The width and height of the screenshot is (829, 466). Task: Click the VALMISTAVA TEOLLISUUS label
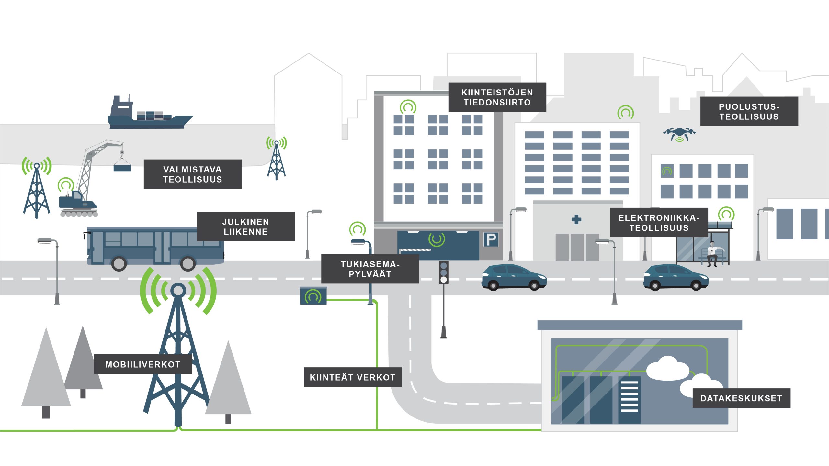click(193, 174)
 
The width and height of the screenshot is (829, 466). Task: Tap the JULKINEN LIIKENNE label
click(246, 227)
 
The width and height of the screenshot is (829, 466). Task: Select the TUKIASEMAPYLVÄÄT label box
click(370, 269)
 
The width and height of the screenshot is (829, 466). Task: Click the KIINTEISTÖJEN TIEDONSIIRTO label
click(497, 97)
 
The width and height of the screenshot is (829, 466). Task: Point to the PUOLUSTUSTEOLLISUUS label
click(749, 111)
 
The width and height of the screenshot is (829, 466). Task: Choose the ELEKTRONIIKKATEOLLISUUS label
click(659, 223)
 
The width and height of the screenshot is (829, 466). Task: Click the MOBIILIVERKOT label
click(143, 364)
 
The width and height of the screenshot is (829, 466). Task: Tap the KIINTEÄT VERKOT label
click(353, 377)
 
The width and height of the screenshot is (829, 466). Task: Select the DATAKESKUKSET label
click(741, 398)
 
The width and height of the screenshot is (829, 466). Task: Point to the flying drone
click(679, 134)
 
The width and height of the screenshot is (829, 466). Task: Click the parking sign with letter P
click(491, 239)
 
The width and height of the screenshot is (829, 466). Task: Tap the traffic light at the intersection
click(444, 273)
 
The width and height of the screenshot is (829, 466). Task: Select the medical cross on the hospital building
click(576, 220)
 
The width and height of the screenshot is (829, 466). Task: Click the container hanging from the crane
click(122, 168)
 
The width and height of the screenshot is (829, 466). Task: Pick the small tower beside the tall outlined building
click(277, 159)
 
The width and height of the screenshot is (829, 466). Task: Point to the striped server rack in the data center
click(630, 400)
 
